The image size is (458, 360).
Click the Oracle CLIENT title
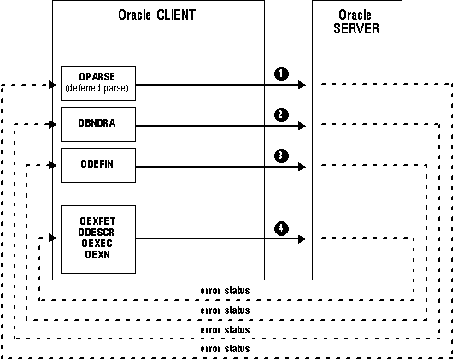[157, 15]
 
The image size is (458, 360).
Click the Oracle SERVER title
[356, 22]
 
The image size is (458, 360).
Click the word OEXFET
[97, 221]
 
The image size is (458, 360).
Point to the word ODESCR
[97, 233]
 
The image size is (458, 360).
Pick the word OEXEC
[97, 244]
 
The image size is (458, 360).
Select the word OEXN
[97, 255]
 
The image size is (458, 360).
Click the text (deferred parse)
[97, 88]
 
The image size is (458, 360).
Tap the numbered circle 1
[281, 74]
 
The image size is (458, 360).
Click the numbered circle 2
[281, 115]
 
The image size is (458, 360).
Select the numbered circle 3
[281, 156]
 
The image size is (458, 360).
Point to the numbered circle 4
[281, 228]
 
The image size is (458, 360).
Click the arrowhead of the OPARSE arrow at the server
[302, 85]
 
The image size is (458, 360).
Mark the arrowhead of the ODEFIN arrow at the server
[302, 167]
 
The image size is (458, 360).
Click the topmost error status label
[225, 291]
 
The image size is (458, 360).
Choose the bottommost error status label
[225, 349]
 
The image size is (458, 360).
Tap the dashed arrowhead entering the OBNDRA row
[53, 125]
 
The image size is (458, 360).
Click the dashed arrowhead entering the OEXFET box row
[53, 238]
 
